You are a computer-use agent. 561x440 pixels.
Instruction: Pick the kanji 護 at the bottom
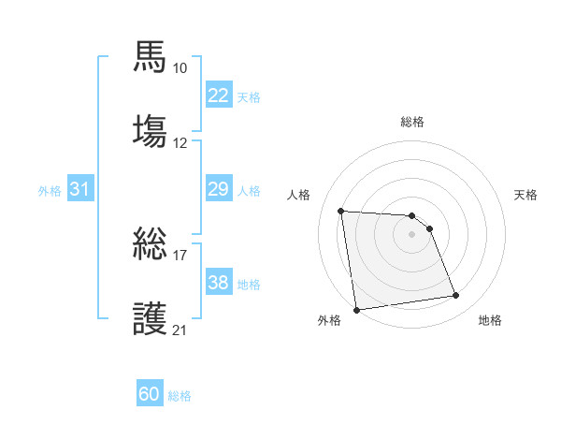point(151,316)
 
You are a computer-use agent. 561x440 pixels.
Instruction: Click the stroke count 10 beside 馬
point(180,68)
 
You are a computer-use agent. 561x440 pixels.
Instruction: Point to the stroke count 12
point(180,143)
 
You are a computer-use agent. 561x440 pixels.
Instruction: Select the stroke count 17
point(180,254)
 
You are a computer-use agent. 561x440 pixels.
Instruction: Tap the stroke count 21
point(180,330)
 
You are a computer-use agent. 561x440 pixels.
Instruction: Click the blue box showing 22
point(218,95)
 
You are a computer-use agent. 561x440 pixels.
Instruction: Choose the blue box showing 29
point(218,189)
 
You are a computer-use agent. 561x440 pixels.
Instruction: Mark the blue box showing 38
point(218,283)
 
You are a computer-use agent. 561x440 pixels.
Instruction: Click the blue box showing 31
point(79,189)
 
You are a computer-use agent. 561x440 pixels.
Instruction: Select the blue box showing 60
point(150,394)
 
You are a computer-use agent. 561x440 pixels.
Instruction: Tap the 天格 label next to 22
point(249,96)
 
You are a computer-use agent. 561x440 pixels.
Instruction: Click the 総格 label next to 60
point(180,396)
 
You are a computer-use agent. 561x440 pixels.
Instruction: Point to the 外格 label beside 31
point(50,190)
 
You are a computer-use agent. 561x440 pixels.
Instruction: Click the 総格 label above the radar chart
point(412,122)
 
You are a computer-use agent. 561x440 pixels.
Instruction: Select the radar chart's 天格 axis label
point(526,195)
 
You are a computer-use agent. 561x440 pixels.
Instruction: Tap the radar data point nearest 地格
point(456,296)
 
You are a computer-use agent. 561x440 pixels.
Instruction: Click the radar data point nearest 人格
point(341,211)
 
